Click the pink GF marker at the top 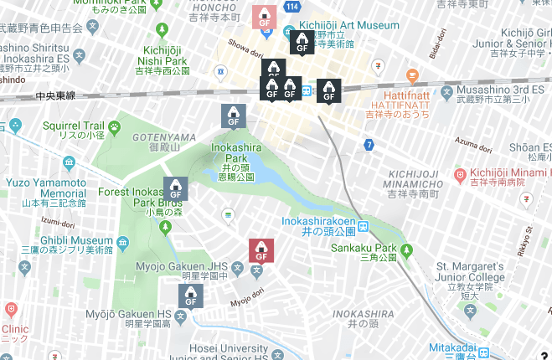tap(264, 16)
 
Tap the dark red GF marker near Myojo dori tap(261, 250)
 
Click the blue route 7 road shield tap(369, 145)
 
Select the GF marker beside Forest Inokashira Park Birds tap(177, 189)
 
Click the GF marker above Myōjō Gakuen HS tap(191, 296)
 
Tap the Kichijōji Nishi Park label tap(168, 60)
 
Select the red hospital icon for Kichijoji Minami tap(459, 175)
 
